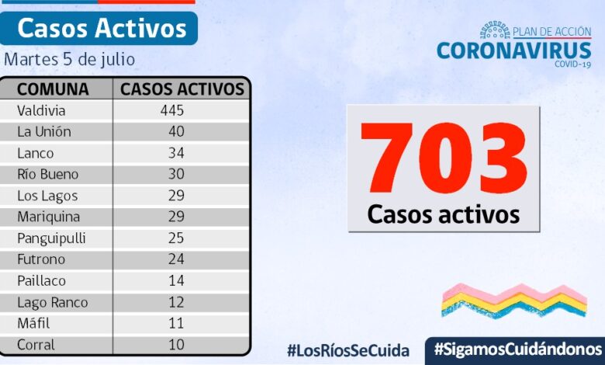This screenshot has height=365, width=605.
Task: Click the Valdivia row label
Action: (x=43, y=110)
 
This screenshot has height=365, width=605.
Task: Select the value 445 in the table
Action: (x=171, y=110)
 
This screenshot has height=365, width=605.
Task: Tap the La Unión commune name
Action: (x=44, y=131)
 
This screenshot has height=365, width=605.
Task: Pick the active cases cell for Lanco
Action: (x=176, y=153)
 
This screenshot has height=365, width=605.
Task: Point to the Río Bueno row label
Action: (x=48, y=174)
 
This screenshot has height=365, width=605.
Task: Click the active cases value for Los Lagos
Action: (x=176, y=196)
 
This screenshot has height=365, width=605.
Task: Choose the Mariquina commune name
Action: (x=49, y=217)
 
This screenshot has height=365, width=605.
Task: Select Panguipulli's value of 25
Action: (x=176, y=238)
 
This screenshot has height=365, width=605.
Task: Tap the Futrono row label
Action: (x=41, y=259)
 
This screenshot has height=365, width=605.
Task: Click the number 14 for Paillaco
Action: (x=176, y=281)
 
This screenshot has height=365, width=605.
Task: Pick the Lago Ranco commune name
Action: (x=53, y=302)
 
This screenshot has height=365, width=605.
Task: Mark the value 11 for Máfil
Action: (x=176, y=324)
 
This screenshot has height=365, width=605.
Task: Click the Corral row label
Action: (x=36, y=345)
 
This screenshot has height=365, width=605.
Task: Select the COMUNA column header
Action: (x=53, y=89)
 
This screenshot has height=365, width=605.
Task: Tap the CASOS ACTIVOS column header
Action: (x=182, y=89)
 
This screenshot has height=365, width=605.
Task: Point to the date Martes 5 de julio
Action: (x=69, y=59)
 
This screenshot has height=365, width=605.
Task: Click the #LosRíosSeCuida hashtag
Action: (x=347, y=350)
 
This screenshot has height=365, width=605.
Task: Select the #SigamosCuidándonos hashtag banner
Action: (x=517, y=349)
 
